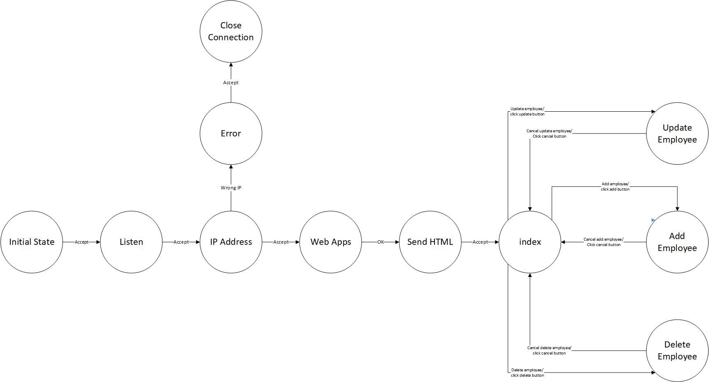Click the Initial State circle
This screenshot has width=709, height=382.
(32, 242)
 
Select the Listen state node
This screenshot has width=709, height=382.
(131, 242)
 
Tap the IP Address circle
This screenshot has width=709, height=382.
(231, 242)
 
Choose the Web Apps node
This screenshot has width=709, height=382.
(330, 242)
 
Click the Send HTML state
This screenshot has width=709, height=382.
(430, 242)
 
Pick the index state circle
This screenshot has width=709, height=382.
(530, 242)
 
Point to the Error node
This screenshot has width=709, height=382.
(231, 133)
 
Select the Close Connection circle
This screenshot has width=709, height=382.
(231, 31)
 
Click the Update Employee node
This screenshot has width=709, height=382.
(677, 133)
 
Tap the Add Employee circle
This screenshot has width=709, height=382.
(677, 242)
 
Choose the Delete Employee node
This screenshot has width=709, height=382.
(677, 350)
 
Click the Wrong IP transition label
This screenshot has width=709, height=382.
(231, 188)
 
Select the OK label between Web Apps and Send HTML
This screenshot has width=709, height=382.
(380, 242)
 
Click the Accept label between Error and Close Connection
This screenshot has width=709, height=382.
(231, 83)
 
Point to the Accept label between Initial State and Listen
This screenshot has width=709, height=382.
(81, 242)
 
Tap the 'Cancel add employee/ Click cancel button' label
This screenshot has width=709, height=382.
(603, 242)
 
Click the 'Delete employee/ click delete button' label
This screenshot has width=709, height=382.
(527, 373)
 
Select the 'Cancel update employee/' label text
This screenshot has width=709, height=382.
(549, 131)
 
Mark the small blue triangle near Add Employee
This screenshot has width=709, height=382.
(653, 221)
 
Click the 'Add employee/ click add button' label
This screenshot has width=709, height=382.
(615, 186)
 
